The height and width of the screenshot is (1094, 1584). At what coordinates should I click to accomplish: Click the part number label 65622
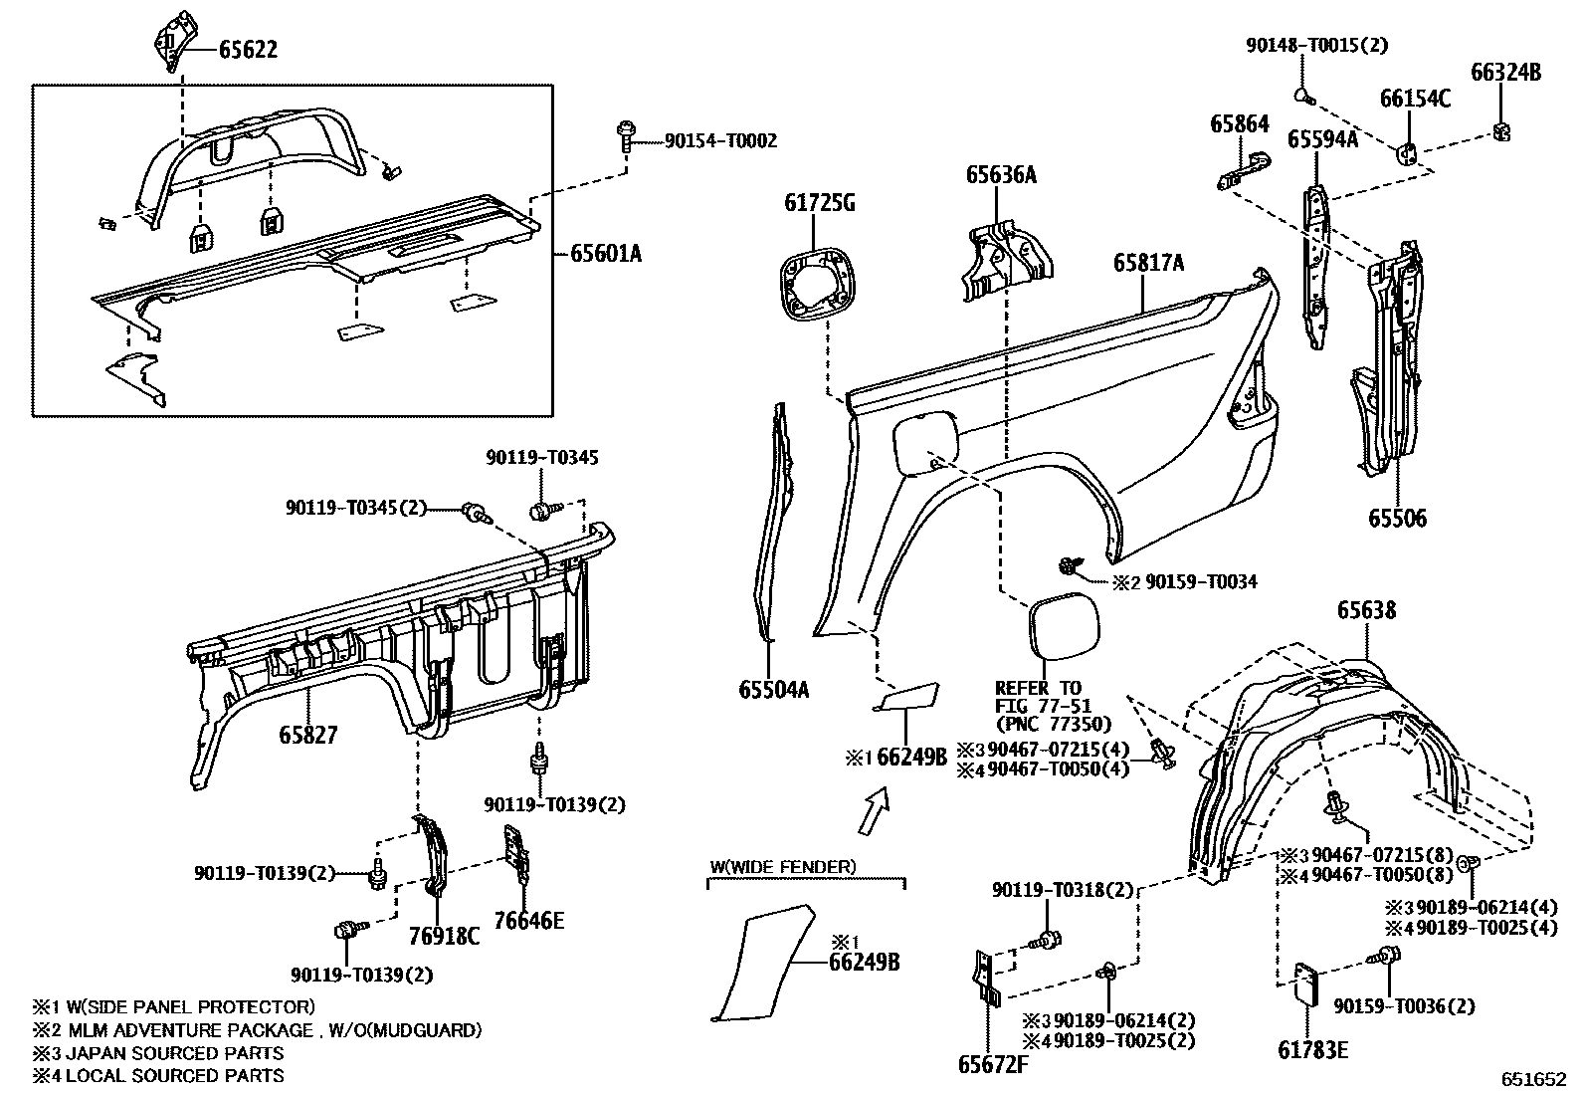[248, 50]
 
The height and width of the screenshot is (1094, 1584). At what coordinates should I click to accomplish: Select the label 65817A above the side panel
[1148, 263]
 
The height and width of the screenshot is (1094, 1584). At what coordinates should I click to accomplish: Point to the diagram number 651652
[1534, 1079]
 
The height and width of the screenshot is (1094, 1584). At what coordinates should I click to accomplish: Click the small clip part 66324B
[1502, 131]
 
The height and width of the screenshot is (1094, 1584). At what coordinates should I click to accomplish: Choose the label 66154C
[1415, 99]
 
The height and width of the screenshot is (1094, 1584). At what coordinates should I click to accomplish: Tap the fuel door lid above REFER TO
[1064, 626]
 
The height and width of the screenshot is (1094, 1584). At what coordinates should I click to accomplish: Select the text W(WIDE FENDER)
[783, 867]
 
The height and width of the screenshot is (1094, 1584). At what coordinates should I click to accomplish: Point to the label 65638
[1366, 610]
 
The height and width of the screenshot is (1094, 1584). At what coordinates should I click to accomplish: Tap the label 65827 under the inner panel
[308, 736]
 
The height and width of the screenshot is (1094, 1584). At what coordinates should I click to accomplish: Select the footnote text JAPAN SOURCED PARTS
[175, 1053]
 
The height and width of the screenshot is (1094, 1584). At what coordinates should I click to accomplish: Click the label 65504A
[774, 689]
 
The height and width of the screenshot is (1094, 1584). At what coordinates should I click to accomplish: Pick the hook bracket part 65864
[1244, 171]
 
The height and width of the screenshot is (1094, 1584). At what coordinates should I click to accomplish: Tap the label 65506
[1397, 519]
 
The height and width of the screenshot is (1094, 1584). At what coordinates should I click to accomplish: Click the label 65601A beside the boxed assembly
[606, 253]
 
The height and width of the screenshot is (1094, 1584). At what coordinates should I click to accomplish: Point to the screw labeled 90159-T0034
[1069, 565]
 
